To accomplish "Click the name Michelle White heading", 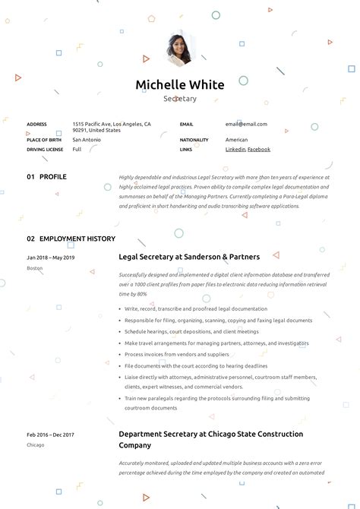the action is coord(180,84).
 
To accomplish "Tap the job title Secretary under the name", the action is coord(180,99).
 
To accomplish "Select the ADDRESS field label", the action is coord(36,124).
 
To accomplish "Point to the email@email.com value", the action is coord(246,124).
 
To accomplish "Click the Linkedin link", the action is coord(235,150).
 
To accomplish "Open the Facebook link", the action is coord(259,150).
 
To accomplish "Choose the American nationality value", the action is coord(236,140).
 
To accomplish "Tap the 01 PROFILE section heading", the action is coord(46,177).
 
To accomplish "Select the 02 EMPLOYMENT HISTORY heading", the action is coord(71,239).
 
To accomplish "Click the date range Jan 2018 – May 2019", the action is coord(50,258).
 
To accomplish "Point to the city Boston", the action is coord(35,268).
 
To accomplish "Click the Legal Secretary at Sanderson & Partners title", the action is coord(189,258).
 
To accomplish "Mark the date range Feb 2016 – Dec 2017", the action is coord(50,435).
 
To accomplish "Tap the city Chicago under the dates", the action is coord(36,444).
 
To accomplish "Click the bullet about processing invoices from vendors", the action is coord(176,355).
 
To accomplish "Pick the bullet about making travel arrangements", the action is coord(216,343).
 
